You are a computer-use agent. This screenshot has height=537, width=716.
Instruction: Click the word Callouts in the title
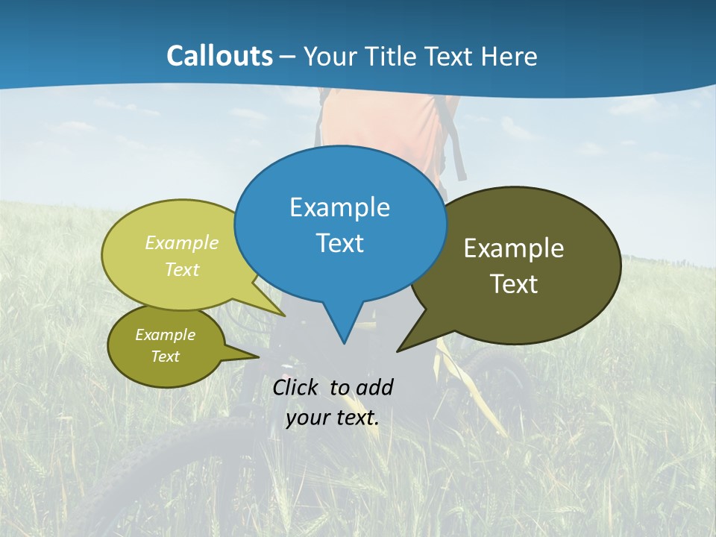tap(219, 57)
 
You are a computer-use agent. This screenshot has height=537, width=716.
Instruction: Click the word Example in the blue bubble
tap(339, 207)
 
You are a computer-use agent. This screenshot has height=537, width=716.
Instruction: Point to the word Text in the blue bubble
tap(339, 243)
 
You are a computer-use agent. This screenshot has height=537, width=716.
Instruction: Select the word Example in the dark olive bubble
tap(514, 248)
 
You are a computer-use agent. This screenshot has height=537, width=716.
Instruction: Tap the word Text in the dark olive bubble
tap(514, 284)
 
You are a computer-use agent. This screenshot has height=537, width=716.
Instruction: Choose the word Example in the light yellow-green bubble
tap(182, 243)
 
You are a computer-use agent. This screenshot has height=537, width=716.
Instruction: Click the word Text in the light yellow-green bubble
tap(182, 270)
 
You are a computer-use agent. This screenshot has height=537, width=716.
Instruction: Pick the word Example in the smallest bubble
tap(165, 335)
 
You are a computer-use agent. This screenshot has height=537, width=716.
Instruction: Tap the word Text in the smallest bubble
tap(165, 357)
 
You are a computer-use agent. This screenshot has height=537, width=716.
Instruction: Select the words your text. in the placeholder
tap(333, 418)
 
